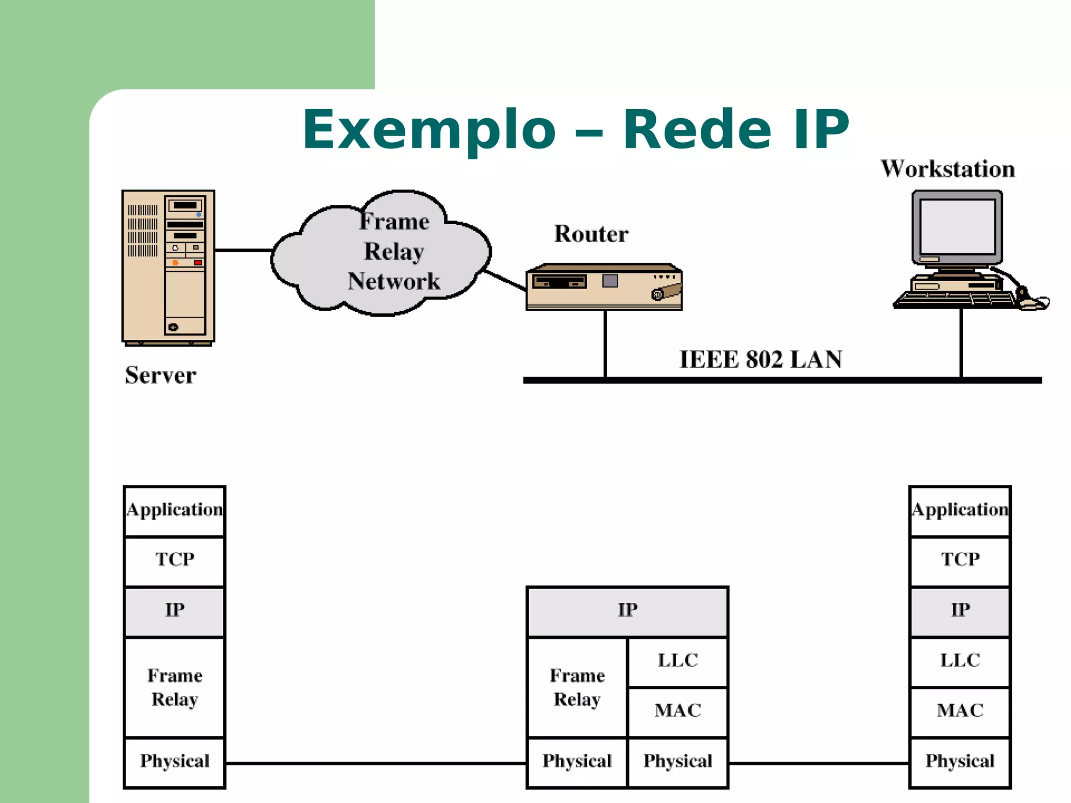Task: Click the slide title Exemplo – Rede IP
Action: point(575,129)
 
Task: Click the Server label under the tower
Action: point(161,375)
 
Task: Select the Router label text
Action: point(591,234)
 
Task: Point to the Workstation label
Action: point(948,169)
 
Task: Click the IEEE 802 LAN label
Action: point(760,359)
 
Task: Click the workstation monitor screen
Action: point(958,227)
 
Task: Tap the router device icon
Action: point(604,287)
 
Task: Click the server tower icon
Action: point(168,267)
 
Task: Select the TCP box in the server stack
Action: point(175,560)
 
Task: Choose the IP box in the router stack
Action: point(628,610)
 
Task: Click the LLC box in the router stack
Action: point(678,661)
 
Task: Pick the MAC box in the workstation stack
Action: point(960,711)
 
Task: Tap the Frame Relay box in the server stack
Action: point(175,687)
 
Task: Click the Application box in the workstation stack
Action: point(960,510)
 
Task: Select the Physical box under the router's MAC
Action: point(678,761)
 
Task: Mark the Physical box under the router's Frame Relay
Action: point(577,761)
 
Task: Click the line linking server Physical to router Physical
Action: point(375,763)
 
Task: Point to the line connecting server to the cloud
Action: point(243,250)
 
